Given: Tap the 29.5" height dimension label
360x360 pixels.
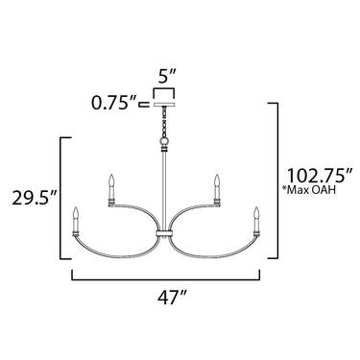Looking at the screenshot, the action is (35, 198).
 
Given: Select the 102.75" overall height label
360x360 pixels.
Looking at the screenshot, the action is (320, 176).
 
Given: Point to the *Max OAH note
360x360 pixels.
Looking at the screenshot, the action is (309, 190).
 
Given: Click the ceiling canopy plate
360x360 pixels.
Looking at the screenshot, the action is (164, 105).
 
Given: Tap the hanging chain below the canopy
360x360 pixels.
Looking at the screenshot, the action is (164, 122).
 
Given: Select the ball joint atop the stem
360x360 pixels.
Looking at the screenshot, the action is (164, 142).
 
